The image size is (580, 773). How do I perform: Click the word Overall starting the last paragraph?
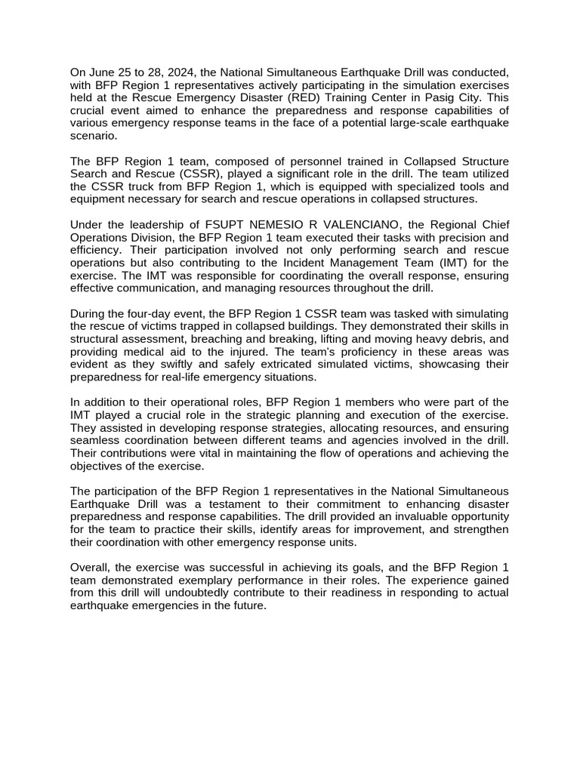click(x=91, y=568)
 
